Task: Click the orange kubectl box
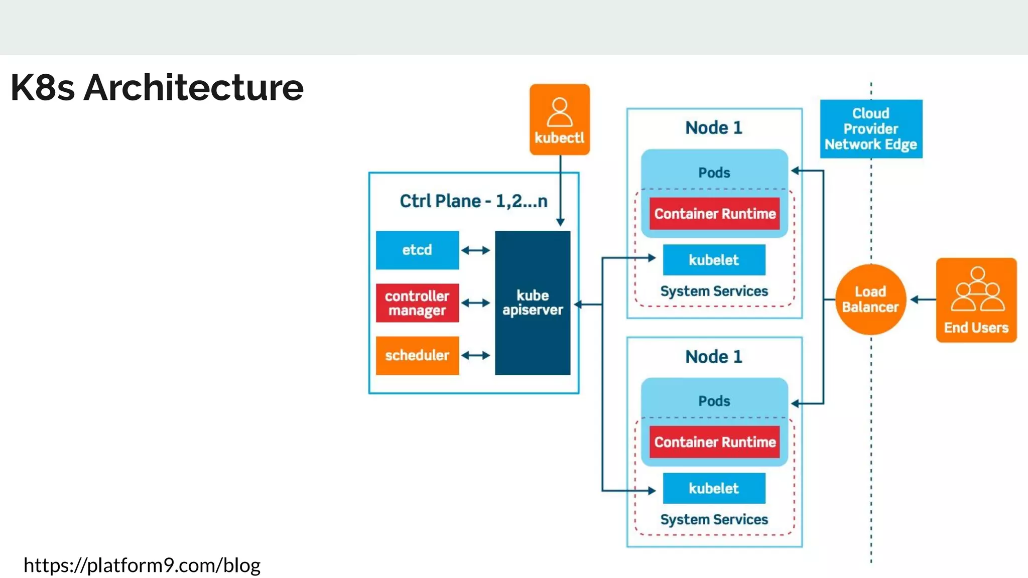click(x=559, y=119)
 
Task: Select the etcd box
click(x=417, y=250)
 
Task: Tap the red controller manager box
click(x=417, y=303)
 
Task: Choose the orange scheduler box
click(x=417, y=356)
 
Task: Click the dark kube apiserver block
click(x=533, y=303)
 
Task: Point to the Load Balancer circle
click(x=870, y=300)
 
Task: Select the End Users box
click(x=976, y=300)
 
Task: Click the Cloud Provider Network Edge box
click(x=871, y=129)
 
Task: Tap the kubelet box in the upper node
click(x=714, y=260)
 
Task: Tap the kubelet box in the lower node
click(x=714, y=488)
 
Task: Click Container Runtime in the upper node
click(x=714, y=214)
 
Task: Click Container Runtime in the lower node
click(x=714, y=442)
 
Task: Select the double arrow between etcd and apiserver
click(x=475, y=250)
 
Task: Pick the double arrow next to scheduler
click(x=475, y=356)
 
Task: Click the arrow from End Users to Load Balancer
click(x=923, y=300)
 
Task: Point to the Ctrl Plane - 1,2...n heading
click(x=473, y=201)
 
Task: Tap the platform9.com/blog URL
click(x=142, y=565)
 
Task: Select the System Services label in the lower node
click(x=714, y=519)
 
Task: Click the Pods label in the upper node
click(x=714, y=173)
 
